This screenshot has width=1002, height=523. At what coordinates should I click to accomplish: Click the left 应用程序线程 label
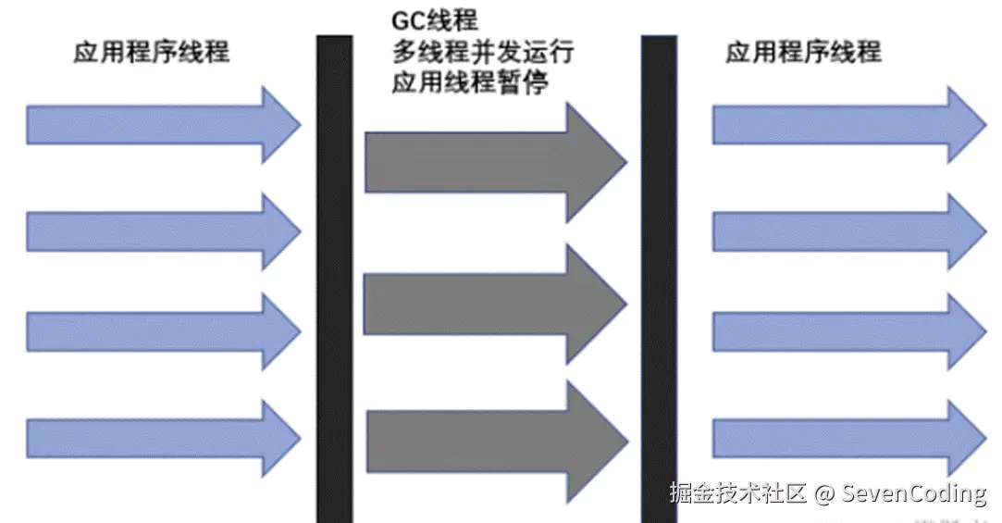coord(151,52)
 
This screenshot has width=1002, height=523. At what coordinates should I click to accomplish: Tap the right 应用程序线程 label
coord(803,52)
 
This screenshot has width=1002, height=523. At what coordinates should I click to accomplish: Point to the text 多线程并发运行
coord(482,52)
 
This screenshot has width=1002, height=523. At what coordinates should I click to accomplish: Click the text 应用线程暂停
coord(470,83)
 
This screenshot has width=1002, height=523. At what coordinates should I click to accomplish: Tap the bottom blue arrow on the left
coord(162,435)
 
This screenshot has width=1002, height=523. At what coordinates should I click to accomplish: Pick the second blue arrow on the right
coord(847,230)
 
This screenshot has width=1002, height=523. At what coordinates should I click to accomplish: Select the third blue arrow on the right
coord(847,330)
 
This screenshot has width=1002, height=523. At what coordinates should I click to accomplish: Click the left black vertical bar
coord(334,278)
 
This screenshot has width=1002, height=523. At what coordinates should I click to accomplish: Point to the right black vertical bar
coord(659,278)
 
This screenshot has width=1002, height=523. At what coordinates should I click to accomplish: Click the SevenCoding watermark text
coord(914,494)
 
